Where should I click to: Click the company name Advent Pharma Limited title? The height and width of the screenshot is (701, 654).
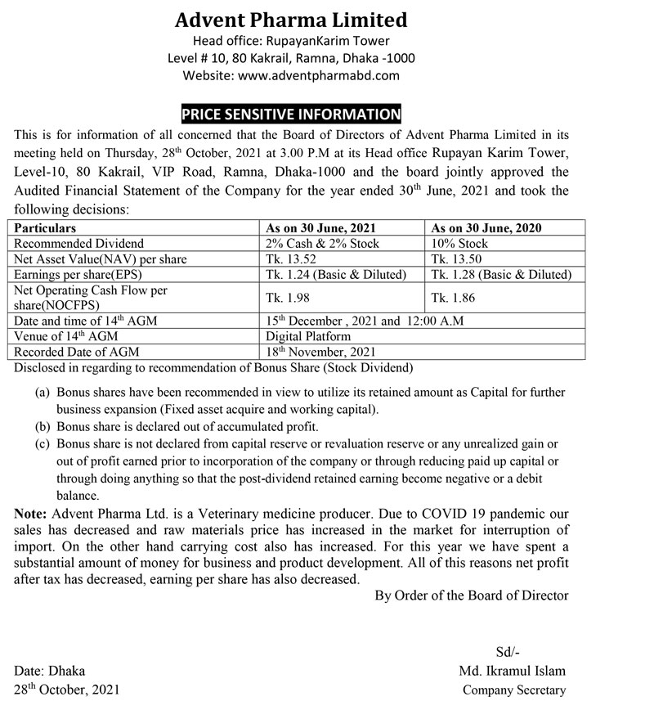[291, 19]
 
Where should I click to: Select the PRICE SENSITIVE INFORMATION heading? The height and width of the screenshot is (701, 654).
[292, 115]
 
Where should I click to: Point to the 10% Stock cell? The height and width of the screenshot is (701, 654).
[459, 243]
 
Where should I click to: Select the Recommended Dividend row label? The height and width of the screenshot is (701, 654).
[79, 243]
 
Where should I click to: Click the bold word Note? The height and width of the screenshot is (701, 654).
[31, 513]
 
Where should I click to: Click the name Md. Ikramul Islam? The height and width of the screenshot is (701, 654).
[513, 671]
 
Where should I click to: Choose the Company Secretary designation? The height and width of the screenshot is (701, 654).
[513, 690]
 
